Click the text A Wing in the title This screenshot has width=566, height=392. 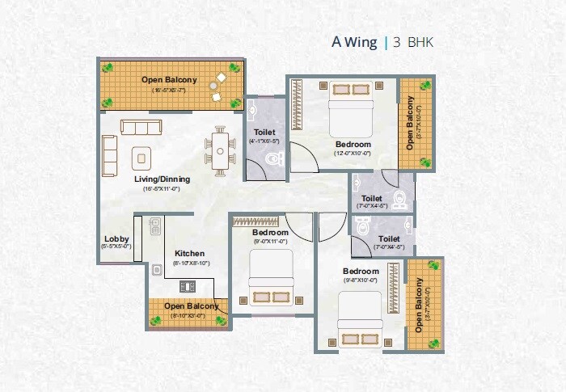pyautogui.click(x=354, y=42)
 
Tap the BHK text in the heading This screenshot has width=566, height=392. pyautogui.click(x=420, y=42)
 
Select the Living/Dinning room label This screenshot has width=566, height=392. pyautogui.click(x=160, y=179)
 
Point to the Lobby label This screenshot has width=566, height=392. pyautogui.click(x=116, y=238)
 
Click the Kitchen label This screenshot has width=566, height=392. pyautogui.click(x=189, y=253)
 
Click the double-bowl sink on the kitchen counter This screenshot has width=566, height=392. pyautogui.click(x=155, y=226)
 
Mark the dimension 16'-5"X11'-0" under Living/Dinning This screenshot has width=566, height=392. pyautogui.click(x=160, y=188)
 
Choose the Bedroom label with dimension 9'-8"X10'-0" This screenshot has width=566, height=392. pyautogui.click(x=360, y=271)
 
